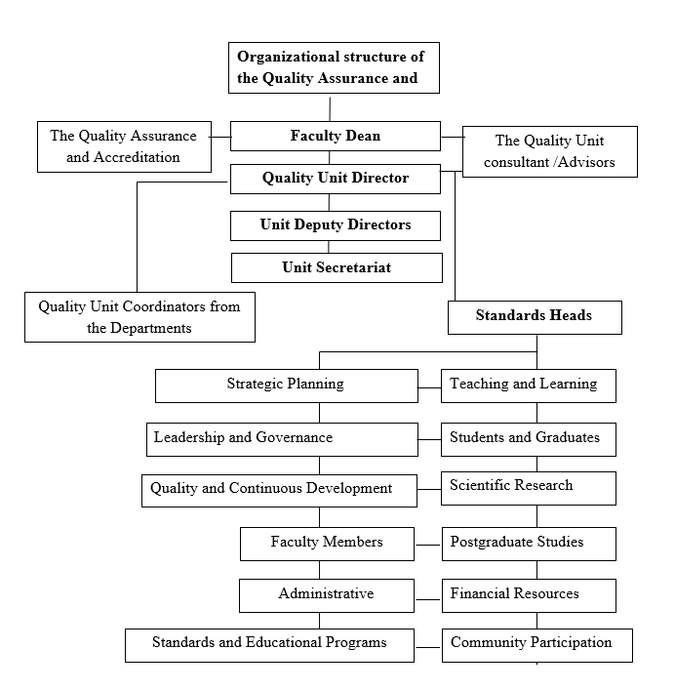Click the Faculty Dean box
[x=336, y=136]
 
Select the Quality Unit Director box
[x=336, y=179]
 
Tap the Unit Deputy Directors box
[x=336, y=225]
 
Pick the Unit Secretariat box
[x=337, y=267]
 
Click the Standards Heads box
[x=535, y=317]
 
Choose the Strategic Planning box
[x=286, y=386]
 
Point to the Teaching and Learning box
[x=529, y=386]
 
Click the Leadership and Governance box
[x=282, y=439]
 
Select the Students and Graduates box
[x=529, y=439]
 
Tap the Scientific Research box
[x=529, y=488]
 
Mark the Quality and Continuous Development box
[x=279, y=490]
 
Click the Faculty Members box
[x=327, y=544]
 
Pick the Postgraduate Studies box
[x=529, y=544]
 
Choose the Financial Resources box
[x=529, y=595]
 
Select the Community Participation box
[x=536, y=645]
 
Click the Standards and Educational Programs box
[x=269, y=645]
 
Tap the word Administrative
[x=326, y=593]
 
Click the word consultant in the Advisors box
[x=516, y=162]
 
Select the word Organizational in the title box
[x=288, y=57]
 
